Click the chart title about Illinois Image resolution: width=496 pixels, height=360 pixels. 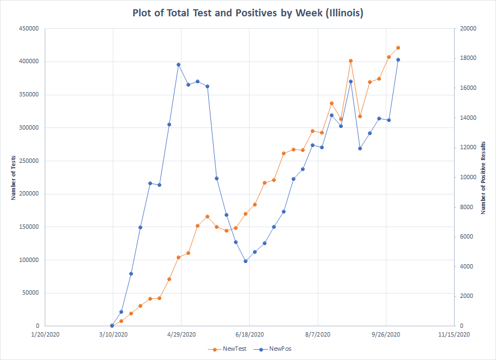tap(247, 13)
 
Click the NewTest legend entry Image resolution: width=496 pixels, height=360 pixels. tap(229, 349)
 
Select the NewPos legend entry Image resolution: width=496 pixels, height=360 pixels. tap(275, 349)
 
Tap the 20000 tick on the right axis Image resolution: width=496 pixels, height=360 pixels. tap(468, 28)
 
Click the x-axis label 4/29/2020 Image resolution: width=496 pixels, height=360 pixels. tap(181, 334)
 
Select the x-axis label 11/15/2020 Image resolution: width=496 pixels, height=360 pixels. tap(454, 334)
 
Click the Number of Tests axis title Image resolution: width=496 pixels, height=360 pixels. tap(13, 177)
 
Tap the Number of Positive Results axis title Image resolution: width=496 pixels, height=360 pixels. tap(483, 177)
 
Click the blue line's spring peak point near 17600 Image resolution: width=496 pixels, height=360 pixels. tap(178, 64)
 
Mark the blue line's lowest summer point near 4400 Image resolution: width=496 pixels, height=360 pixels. tap(245, 261)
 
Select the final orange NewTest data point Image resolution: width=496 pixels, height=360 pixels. tap(398, 47)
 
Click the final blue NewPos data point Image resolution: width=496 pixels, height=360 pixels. tap(398, 59)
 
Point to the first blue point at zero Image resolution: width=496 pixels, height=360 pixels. tap(112, 326)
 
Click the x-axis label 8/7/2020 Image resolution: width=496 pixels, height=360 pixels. tap(318, 334)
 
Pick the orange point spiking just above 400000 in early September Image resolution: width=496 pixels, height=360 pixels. tap(350, 60)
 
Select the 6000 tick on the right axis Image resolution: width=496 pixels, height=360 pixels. tap(467, 236)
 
